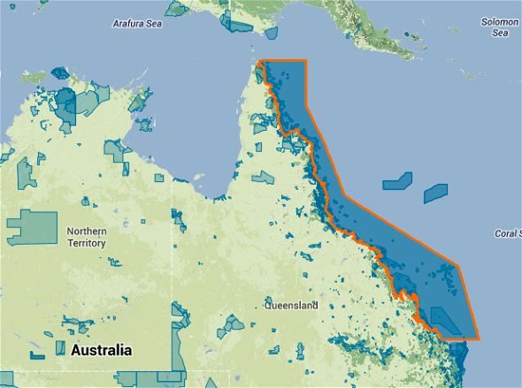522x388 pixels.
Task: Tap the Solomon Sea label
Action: [x=500, y=27]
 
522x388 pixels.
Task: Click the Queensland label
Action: [x=291, y=306]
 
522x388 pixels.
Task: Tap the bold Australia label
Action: [x=101, y=351]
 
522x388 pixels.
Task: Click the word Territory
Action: [x=86, y=243]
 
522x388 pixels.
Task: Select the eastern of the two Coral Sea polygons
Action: [x=435, y=191]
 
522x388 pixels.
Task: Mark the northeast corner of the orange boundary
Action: [x=306, y=60]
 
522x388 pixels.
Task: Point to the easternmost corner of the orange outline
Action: [x=459, y=264]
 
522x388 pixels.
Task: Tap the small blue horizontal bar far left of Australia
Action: [x=36, y=355]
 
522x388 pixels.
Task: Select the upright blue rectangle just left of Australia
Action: [x=60, y=348]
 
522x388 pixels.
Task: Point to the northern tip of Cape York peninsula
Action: [x=261, y=62]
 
